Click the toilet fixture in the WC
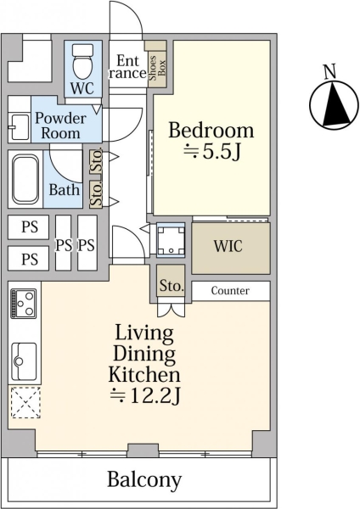(x=82, y=61)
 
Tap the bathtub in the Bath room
(x=25, y=178)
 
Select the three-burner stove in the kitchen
(x=23, y=304)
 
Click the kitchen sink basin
(x=24, y=361)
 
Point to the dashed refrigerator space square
(x=25, y=402)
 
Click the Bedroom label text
(x=211, y=130)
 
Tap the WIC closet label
(x=228, y=246)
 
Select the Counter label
(x=230, y=290)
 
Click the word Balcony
(x=144, y=479)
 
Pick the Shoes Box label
(x=157, y=68)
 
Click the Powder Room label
(x=61, y=126)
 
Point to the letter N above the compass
(x=330, y=71)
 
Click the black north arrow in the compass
(x=335, y=104)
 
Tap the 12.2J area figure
(x=145, y=395)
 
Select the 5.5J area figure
(x=212, y=151)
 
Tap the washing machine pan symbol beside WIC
(x=171, y=240)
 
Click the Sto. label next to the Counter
(x=172, y=285)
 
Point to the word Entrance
(x=127, y=67)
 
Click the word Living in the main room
(x=144, y=333)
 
